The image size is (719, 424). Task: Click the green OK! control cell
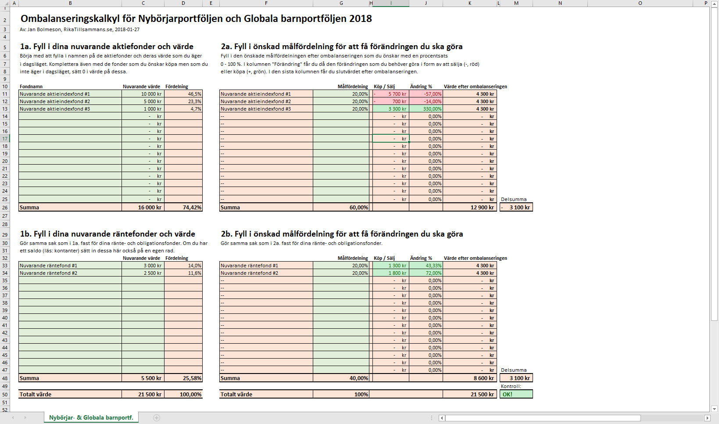[x=516, y=394]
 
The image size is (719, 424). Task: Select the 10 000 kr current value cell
[x=143, y=94]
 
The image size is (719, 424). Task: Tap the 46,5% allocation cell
[x=183, y=94]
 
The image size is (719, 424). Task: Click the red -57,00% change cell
[x=426, y=94]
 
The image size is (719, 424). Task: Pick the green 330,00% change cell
[x=426, y=109]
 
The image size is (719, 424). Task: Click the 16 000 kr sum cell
[x=143, y=208]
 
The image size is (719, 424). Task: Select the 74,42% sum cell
[x=183, y=208]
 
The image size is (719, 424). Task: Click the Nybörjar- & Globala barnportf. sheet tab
[x=91, y=417]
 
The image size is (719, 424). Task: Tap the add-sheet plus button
[x=157, y=418]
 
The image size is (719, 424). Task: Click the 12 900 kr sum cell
[x=469, y=208]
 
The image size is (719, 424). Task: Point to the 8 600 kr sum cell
[x=469, y=378]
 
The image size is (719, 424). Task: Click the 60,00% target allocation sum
[x=341, y=208]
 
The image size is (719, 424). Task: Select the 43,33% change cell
[x=426, y=266]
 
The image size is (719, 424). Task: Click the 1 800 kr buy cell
[x=390, y=273]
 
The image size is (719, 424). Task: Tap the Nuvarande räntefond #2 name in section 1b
[x=70, y=273]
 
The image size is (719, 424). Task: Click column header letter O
[x=640, y=3]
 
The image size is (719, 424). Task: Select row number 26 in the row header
[x=5, y=208]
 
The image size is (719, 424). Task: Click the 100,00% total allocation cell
[x=183, y=395]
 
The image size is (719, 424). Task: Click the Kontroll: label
[x=511, y=386]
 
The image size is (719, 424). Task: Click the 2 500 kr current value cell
[x=143, y=273]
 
